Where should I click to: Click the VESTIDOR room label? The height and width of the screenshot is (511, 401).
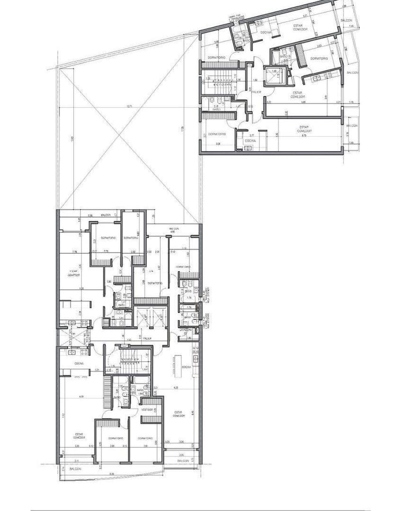coord(147,410)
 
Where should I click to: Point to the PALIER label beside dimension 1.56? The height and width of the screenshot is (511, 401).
coord(256,91)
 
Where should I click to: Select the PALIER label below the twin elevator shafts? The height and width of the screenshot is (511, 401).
coord(147,338)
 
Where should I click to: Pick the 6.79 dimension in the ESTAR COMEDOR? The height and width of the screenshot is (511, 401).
coord(304,135)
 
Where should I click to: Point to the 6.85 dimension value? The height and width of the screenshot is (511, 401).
coord(304,102)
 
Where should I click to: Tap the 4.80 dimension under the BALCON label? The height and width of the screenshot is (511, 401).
coord(173,232)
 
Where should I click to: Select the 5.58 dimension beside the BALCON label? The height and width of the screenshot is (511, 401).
coord(90,215)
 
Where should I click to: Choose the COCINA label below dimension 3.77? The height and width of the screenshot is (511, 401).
coord(250,141)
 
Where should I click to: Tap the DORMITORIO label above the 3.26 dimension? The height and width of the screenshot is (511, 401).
coord(217,134)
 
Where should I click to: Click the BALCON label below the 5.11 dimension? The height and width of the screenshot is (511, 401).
coord(75,469)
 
